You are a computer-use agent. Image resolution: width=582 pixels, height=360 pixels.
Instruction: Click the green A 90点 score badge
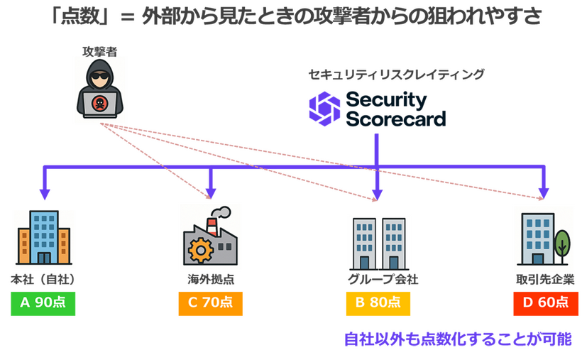tap(43, 302)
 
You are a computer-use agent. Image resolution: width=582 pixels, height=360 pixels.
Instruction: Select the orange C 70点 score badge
tap(210, 302)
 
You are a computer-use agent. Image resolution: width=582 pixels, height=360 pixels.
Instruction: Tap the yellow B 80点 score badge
tap(378, 302)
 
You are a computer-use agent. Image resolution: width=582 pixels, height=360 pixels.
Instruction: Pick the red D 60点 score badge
tap(545, 302)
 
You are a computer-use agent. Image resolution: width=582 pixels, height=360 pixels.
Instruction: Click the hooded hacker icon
tap(100, 89)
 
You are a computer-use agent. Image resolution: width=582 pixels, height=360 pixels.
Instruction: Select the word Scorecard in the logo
tap(395, 119)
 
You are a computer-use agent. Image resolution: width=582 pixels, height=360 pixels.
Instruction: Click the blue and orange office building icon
tap(43, 237)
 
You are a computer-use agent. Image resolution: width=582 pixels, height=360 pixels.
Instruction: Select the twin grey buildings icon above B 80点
tap(379, 242)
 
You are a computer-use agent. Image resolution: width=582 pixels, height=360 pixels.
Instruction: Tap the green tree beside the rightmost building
tap(561, 241)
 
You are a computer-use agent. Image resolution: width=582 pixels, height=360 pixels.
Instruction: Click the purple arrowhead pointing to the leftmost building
tap(44, 193)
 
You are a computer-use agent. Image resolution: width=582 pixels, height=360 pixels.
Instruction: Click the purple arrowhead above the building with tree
tap(544, 193)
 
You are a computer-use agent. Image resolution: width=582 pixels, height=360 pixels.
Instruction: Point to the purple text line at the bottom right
tap(458, 339)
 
